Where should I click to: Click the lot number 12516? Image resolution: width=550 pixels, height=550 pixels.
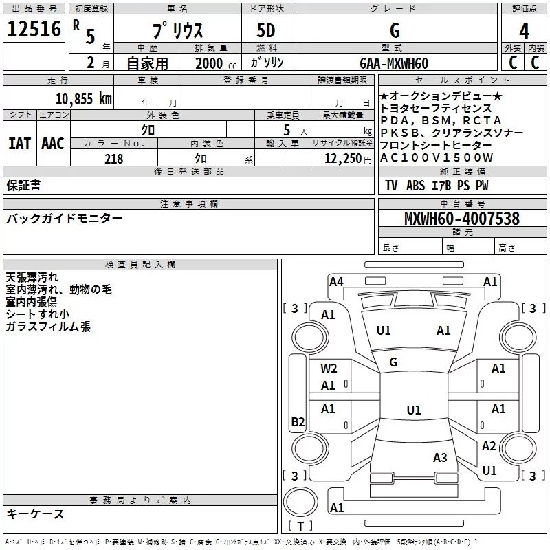(34, 29)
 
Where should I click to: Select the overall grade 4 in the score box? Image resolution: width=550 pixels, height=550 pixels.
(524, 32)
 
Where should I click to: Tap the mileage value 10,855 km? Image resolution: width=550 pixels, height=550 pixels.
(84, 99)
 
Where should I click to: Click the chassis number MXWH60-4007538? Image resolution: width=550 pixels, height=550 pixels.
(462, 218)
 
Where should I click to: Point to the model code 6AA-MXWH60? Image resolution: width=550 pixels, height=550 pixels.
(394, 63)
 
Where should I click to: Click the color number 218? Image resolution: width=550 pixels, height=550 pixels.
(114, 159)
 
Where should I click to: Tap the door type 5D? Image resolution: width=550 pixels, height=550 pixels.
(266, 31)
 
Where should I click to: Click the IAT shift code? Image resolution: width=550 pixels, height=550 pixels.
(20, 144)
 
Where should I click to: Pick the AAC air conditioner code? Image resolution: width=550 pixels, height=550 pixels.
(53, 144)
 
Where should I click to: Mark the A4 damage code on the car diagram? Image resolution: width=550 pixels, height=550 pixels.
(336, 282)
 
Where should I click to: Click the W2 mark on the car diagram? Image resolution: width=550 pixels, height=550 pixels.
(329, 368)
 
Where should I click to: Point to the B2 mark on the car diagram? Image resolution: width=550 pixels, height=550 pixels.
(298, 421)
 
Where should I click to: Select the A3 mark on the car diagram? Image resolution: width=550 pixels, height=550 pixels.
(440, 458)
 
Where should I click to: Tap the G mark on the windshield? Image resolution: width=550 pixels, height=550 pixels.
(393, 362)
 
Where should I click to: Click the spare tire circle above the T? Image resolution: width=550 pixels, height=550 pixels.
(300, 502)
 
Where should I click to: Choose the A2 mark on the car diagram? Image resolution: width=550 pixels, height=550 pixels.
(489, 446)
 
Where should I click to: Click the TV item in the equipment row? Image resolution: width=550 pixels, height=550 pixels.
(391, 186)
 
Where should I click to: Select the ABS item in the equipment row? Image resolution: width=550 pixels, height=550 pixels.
(416, 186)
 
